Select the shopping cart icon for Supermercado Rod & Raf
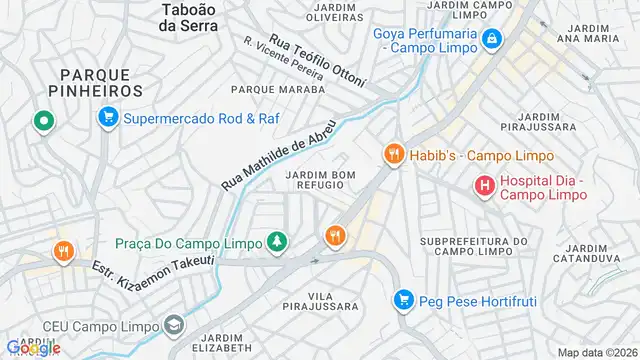click(x=107, y=119)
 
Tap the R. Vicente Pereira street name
click(x=283, y=59)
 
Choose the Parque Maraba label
click(x=278, y=89)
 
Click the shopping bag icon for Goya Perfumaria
click(x=492, y=39)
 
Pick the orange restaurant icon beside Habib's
click(x=393, y=154)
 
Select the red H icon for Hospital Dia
click(x=484, y=186)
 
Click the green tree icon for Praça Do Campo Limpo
click(x=276, y=241)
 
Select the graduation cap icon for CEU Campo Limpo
click(x=175, y=325)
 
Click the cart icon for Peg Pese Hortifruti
click(x=403, y=299)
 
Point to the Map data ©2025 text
click(x=596, y=352)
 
